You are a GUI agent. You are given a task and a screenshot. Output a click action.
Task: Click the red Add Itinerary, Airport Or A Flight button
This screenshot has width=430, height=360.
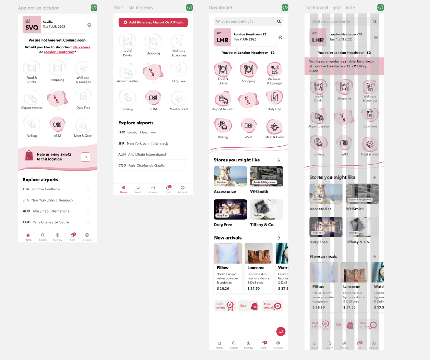tap(153, 22)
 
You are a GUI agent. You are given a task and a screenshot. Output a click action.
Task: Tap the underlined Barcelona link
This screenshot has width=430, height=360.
tap(82, 47)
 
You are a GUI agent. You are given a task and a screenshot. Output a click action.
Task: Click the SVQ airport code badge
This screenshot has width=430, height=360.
tap(32, 24)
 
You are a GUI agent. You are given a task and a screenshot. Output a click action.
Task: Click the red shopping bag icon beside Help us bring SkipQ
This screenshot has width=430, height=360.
tap(29, 156)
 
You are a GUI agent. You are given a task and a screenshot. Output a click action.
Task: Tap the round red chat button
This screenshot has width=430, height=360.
tap(281, 331)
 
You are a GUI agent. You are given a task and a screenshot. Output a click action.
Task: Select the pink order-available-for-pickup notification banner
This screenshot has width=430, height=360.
tap(344, 66)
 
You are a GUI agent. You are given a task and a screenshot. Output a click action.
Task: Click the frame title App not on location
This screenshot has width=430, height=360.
tap(39, 8)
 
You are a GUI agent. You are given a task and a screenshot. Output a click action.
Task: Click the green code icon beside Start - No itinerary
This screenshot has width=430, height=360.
tap(190, 8)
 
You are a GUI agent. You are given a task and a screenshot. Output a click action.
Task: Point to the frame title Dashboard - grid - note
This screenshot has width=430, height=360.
tap(330, 8)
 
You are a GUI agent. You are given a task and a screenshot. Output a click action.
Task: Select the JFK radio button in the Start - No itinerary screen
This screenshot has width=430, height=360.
tap(183, 143)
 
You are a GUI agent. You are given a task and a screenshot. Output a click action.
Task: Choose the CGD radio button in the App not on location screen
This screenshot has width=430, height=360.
tap(88, 222)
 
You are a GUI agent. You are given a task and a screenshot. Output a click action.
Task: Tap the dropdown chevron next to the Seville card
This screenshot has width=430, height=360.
tap(89, 25)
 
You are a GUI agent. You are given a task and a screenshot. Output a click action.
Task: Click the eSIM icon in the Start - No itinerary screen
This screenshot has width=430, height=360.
tap(153, 98)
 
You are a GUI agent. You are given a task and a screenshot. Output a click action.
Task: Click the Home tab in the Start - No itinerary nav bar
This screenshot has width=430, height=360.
tap(124, 189)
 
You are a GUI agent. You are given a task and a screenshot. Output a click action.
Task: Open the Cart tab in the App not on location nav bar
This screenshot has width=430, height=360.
tap(72, 237)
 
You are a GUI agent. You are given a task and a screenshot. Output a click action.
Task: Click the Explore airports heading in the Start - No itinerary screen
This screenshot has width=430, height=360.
tap(136, 123)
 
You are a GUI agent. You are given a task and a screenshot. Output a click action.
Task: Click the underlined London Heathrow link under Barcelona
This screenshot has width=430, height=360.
tap(59, 52)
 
